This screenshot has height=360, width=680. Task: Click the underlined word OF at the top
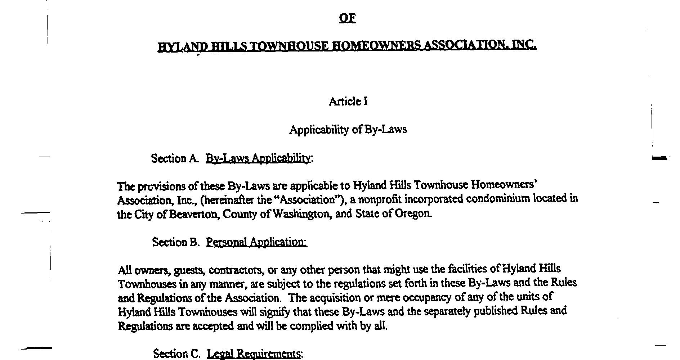pyautogui.click(x=347, y=18)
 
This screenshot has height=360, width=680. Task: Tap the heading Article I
pyautogui.click(x=348, y=102)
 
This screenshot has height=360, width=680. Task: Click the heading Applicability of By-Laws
pyautogui.click(x=348, y=130)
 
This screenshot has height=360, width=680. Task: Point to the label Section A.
pyautogui.click(x=175, y=158)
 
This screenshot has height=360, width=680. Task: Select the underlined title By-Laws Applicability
pyautogui.click(x=258, y=158)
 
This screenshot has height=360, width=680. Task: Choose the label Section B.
pyautogui.click(x=175, y=242)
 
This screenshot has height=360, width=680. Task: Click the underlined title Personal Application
pyautogui.click(x=256, y=242)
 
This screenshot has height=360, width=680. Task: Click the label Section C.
pyautogui.click(x=176, y=354)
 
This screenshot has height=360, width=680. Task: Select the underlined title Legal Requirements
pyautogui.click(x=254, y=354)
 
